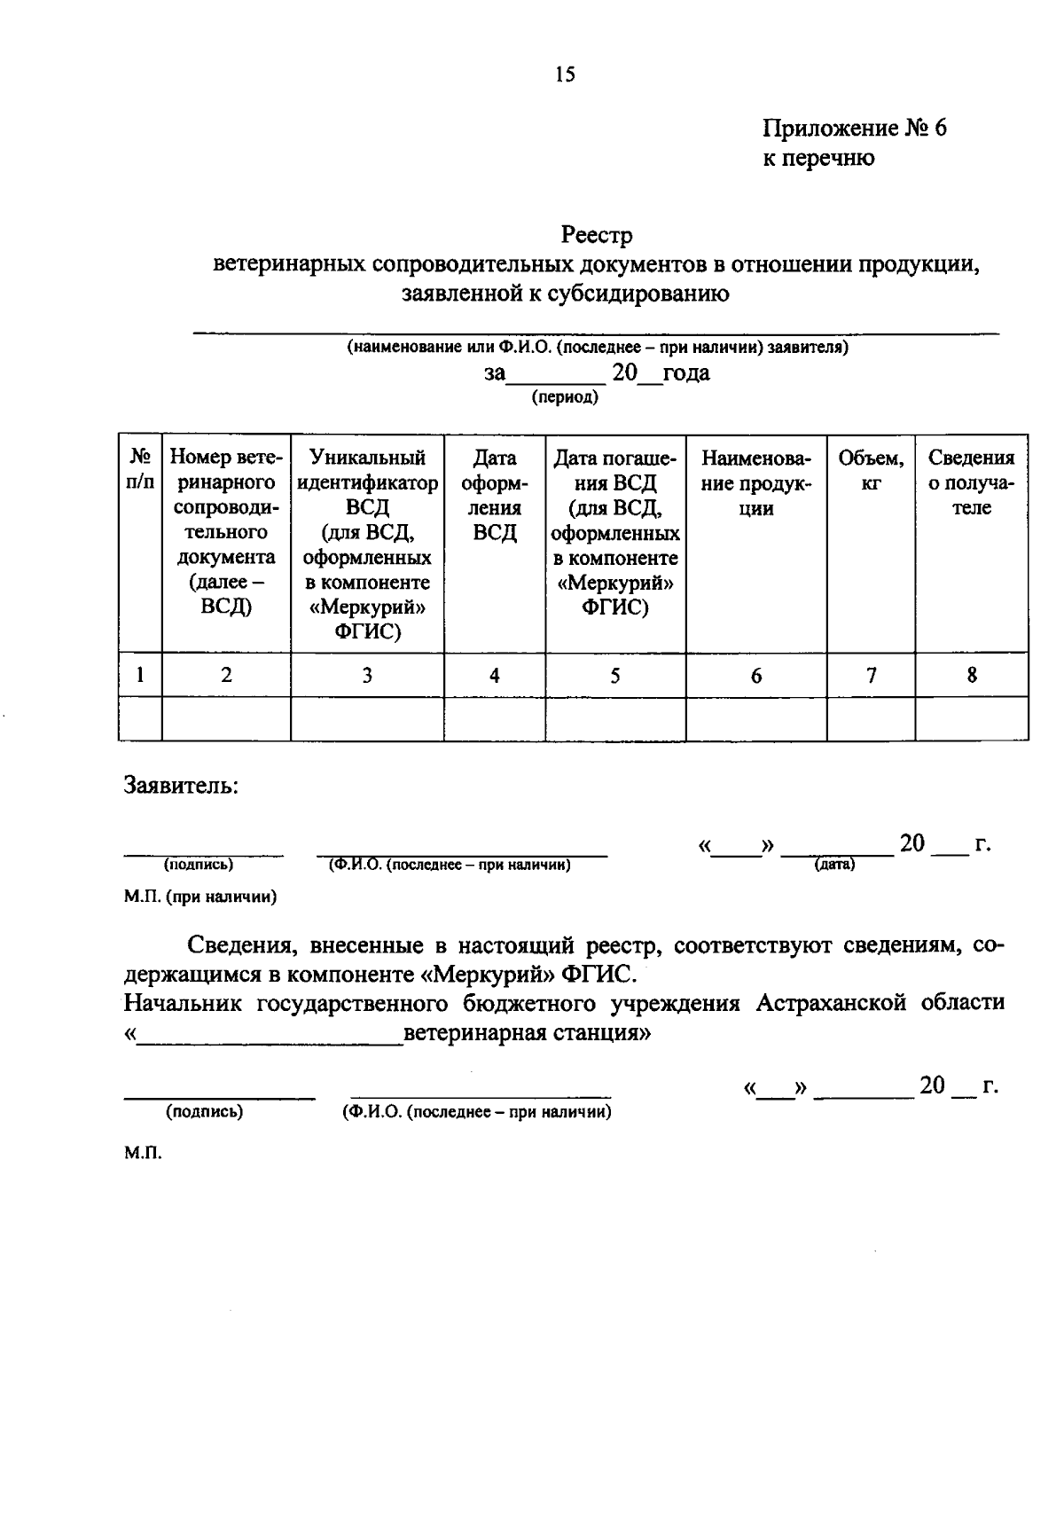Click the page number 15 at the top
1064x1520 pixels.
click(565, 75)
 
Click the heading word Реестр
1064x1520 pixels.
click(596, 236)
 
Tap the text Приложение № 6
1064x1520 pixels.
click(855, 129)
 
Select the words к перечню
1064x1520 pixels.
click(818, 159)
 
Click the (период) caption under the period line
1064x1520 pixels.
click(565, 397)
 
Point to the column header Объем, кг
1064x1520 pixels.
click(871, 471)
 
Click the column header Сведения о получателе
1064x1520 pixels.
click(971, 482)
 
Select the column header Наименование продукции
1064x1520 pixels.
click(755, 482)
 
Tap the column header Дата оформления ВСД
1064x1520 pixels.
click(494, 495)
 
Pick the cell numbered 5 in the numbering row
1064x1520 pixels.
click(614, 676)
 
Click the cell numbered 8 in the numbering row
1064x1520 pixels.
click(972, 676)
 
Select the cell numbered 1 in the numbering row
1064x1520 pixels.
click(140, 676)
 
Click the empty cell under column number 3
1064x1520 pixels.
click(367, 718)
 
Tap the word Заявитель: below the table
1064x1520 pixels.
click(181, 786)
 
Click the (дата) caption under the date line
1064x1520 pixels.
click(834, 864)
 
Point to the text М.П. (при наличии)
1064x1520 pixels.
click(200, 897)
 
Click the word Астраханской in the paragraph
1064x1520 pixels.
click(830, 1003)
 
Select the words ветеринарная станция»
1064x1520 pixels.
click(527, 1033)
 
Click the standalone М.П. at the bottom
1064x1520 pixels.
click(143, 1154)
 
